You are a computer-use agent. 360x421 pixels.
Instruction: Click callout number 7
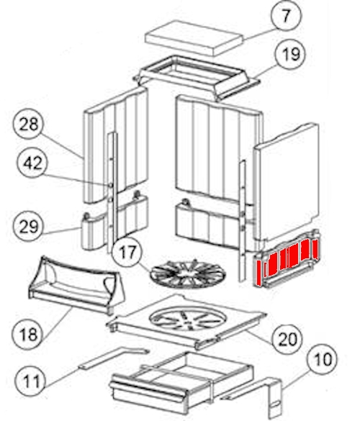(287, 16)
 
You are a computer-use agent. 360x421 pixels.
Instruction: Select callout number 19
(291, 55)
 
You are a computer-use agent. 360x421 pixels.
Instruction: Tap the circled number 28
(29, 124)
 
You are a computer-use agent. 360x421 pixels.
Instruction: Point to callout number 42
(32, 163)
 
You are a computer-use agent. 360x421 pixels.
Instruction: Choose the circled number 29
(29, 226)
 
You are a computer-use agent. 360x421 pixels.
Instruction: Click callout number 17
(127, 253)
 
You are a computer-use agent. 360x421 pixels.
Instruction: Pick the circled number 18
(28, 334)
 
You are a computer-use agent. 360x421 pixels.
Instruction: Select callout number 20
(287, 339)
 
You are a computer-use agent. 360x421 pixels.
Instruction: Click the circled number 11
(31, 381)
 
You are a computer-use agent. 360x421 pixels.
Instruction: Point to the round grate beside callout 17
(188, 273)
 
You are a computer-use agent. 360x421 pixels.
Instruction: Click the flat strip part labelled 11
(114, 358)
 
